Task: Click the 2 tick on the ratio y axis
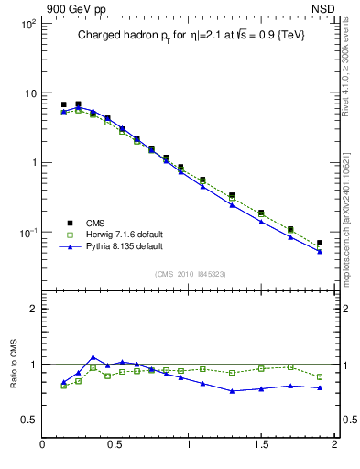pos(32,310)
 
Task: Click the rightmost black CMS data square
pos(319,244)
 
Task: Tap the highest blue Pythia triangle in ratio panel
pos(93,357)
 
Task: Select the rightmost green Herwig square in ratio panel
pos(319,376)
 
